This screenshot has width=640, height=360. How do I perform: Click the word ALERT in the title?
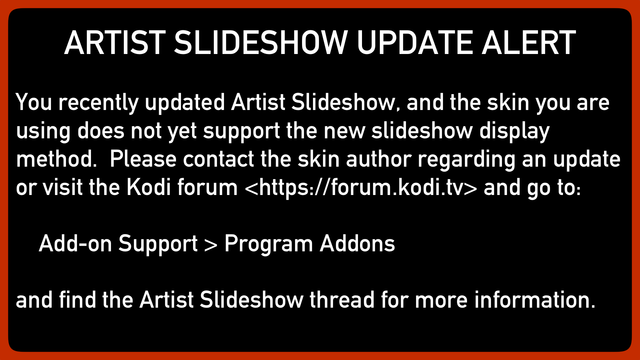click(529, 43)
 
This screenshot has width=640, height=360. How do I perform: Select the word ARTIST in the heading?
click(115, 43)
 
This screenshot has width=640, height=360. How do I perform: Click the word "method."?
click(57, 159)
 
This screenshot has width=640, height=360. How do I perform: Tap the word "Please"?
click(143, 159)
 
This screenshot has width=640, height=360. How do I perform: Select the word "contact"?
click(219, 159)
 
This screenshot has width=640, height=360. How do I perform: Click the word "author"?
click(379, 159)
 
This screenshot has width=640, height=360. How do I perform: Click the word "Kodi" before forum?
click(149, 187)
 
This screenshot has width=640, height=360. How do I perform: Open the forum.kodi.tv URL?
click(361, 188)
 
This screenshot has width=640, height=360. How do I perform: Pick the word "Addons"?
click(357, 244)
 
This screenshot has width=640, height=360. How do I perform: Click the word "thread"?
click(342, 300)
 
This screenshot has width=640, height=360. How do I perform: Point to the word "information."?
click(535, 300)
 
